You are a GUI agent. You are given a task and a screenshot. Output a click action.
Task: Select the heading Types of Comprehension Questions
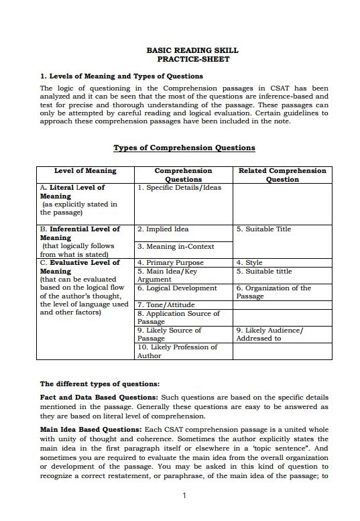click(184, 148)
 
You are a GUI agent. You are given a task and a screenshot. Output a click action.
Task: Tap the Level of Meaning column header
click(85, 171)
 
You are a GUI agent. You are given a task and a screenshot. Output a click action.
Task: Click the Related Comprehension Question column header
click(282, 175)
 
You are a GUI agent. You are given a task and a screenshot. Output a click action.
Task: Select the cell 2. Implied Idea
click(163, 229)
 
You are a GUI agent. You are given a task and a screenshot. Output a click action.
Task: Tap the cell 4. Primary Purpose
click(170, 263)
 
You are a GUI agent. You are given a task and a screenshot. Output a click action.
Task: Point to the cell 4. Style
click(249, 263)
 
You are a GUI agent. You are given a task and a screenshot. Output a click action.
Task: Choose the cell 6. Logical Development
click(177, 288)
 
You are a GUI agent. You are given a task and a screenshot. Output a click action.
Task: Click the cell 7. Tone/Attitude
click(166, 305)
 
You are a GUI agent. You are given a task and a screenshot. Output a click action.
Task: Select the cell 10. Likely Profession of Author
click(177, 351)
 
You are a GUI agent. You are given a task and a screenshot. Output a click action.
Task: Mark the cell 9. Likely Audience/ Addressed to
click(269, 334)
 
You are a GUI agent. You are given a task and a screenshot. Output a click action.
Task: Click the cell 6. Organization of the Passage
click(273, 292)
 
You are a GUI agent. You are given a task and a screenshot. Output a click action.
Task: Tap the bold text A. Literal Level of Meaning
click(72, 192)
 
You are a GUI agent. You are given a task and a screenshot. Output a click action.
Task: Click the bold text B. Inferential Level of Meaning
click(80, 233)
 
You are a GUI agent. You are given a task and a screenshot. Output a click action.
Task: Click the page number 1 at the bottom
click(184, 496)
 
